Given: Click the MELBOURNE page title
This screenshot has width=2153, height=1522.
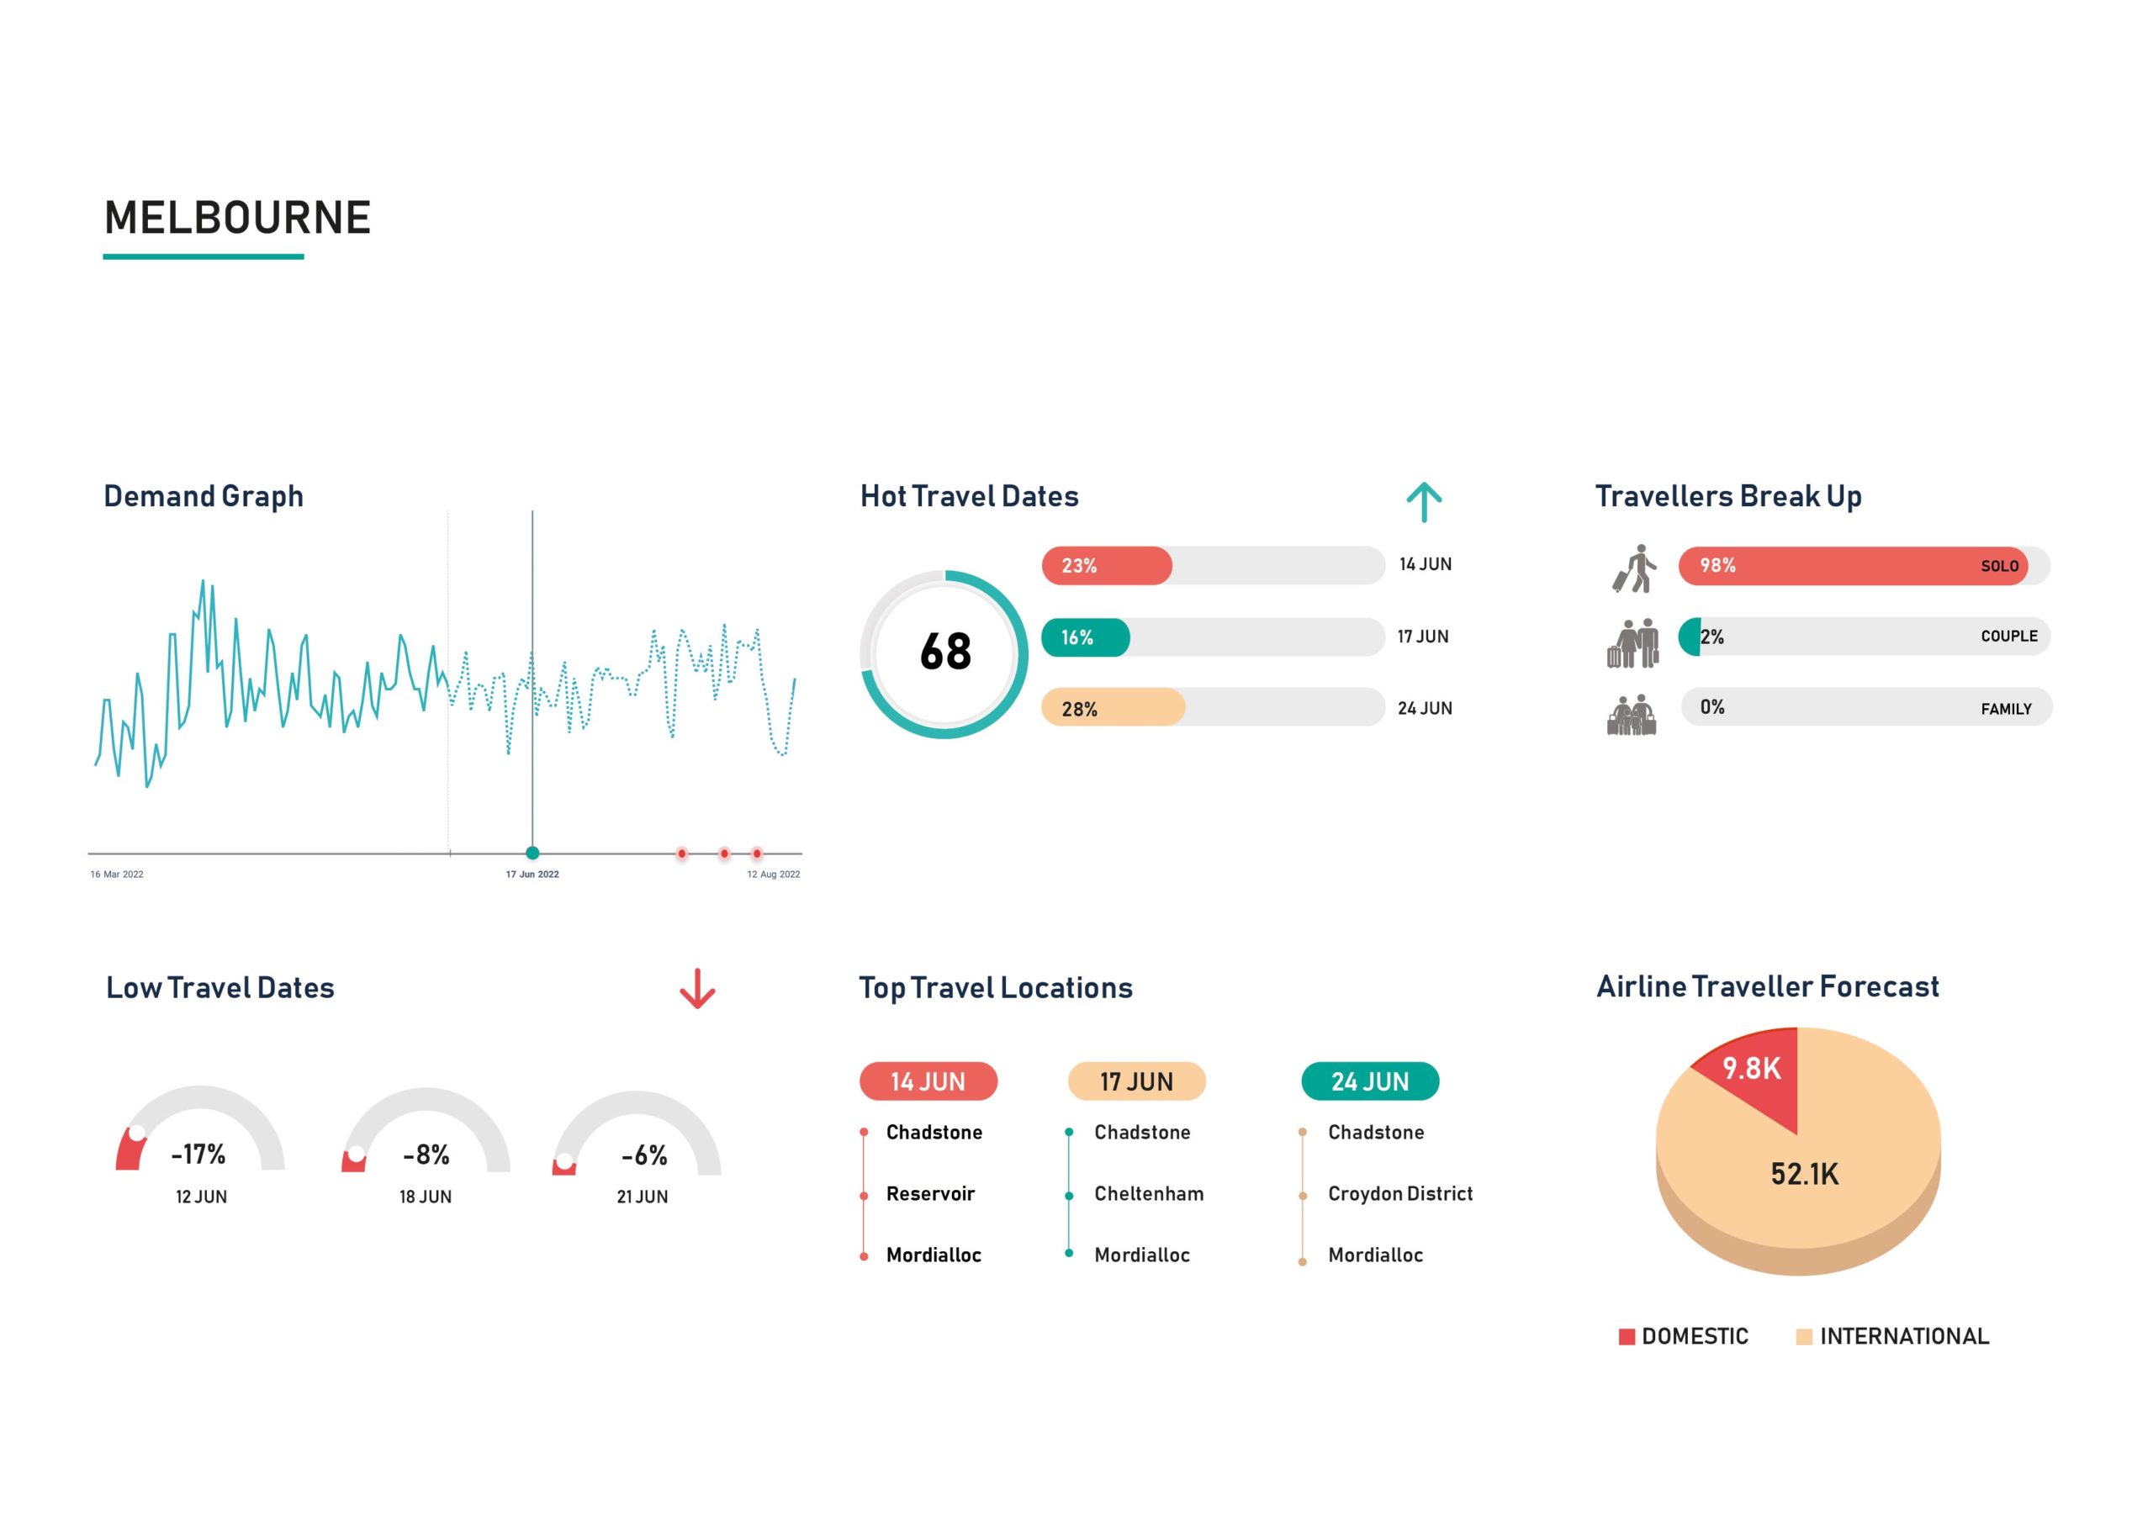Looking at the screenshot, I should [x=237, y=218].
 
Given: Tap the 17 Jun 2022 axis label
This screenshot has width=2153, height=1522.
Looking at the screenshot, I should [x=532, y=874].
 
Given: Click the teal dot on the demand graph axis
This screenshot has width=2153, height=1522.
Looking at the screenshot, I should [x=532, y=853].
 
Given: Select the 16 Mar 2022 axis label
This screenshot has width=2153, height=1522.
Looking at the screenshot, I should [x=116, y=874].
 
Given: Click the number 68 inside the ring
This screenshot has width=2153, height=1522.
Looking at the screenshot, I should [x=945, y=652].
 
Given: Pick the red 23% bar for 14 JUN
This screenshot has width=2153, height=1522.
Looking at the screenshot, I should [x=1107, y=565].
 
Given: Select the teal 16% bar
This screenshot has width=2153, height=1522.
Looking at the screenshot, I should [x=1085, y=637].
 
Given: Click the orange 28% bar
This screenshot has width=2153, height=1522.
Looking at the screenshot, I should [x=1112, y=708].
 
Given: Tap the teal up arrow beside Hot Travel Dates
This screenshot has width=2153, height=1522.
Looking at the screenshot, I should [x=1424, y=502].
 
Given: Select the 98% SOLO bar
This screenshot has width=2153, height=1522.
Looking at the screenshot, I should [x=1852, y=565].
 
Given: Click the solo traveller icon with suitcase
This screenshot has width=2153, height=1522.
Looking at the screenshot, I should [x=1634, y=568].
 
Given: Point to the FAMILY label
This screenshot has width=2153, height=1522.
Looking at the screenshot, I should [x=2006, y=709].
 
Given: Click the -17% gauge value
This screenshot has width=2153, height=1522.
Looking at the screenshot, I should [x=198, y=1154].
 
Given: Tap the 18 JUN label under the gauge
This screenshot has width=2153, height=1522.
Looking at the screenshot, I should [x=425, y=1197].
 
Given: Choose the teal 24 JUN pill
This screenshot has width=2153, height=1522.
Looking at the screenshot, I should [x=1369, y=1081].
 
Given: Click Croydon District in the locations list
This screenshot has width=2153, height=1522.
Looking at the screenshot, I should [x=1399, y=1194].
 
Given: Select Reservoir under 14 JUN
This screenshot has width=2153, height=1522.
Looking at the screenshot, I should [x=929, y=1194].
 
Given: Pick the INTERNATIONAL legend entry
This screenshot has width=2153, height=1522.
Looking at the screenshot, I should [x=1902, y=1336].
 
